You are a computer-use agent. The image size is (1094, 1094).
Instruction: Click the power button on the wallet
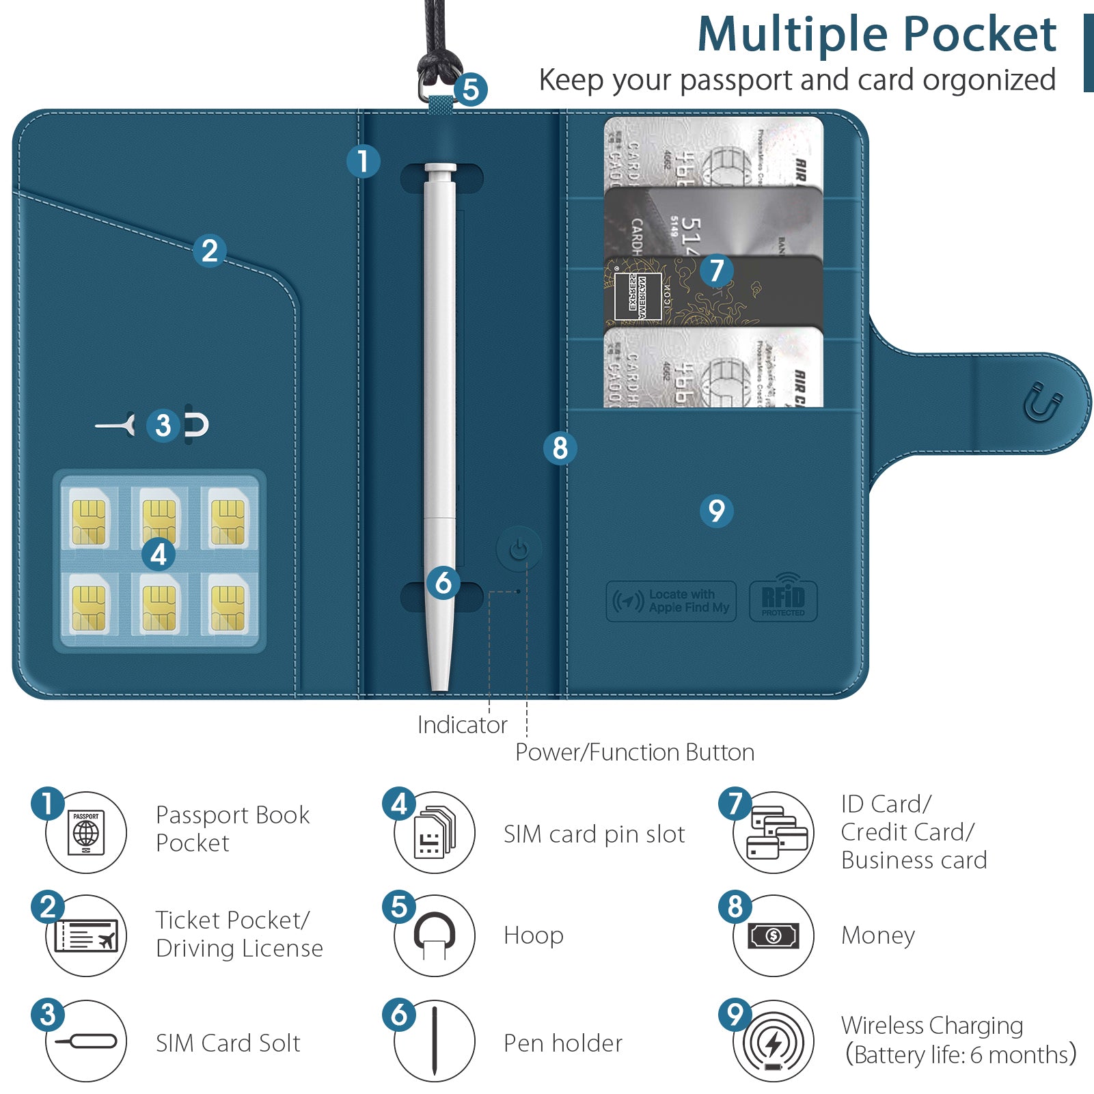pos(519,549)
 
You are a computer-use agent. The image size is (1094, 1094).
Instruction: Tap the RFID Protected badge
pos(783,600)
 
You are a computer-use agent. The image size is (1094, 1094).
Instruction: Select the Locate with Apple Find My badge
pos(671,601)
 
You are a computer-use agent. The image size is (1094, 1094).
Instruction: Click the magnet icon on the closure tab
pos(1043,402)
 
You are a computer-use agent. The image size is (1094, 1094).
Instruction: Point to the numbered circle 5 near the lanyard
pos(471,90)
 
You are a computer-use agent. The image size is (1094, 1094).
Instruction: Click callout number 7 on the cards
pos(716,270)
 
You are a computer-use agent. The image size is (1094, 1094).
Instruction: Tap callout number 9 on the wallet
pos(716,510)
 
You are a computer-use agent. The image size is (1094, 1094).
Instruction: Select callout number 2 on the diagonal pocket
pos(210,251)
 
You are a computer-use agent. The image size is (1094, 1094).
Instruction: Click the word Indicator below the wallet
pos(462,725)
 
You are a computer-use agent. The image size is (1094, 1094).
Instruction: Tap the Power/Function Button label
pos(634,752)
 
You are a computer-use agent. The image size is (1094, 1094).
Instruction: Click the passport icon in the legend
pos(86,832)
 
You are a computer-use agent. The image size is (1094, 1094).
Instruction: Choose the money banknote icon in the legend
pos(774,935)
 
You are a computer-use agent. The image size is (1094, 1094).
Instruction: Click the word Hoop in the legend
pos(533,935)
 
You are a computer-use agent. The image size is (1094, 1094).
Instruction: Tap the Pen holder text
pos(562,1043)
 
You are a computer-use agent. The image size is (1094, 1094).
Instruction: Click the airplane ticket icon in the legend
pos(86,935)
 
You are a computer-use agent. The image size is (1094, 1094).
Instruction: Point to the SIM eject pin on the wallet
pos(116,426)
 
